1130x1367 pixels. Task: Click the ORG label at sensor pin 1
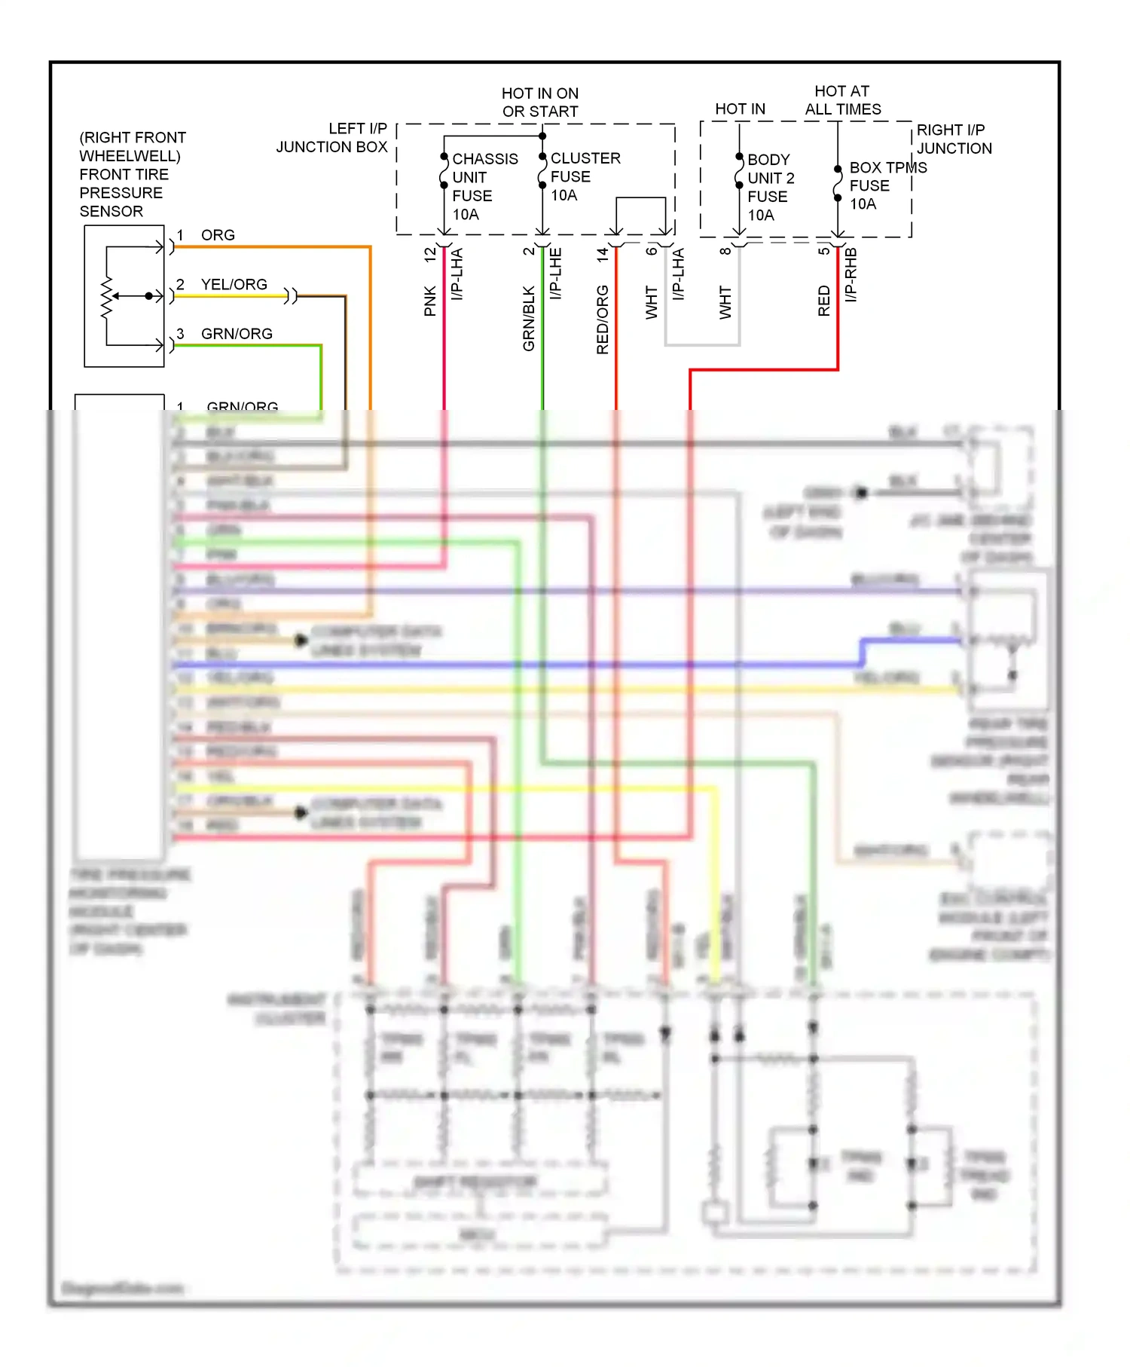218,235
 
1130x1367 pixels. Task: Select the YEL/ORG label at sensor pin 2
234,284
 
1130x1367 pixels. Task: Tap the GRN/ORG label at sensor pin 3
237,334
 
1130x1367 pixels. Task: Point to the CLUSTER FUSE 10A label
585,176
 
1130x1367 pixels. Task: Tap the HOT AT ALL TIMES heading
842,100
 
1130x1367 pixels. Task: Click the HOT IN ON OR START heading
540,102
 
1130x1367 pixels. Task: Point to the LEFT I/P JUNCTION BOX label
332,138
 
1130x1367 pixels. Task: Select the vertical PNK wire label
430,301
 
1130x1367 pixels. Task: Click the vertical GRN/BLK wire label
529,318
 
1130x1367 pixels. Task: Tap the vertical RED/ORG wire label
603,320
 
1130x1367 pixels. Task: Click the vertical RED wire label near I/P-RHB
824,301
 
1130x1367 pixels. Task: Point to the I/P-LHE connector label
556,274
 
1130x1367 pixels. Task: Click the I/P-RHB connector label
851,275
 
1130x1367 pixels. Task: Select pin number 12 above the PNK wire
430,255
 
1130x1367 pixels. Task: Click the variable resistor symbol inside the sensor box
107,296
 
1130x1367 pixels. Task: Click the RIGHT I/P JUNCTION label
954,139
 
